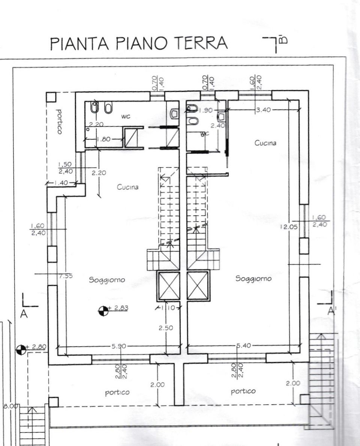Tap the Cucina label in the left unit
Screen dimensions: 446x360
click(x=127, y=187)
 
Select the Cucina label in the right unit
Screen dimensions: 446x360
click(x=265, y=143)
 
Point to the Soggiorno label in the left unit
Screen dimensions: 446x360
click(x=107, y=280)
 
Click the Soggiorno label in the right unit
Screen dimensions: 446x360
click(x=253, y=279)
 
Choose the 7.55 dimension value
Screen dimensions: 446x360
click(x=66, y=276)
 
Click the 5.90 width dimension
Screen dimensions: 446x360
click(x=119, y=346)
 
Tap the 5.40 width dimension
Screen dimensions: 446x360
click(x=244, y=346)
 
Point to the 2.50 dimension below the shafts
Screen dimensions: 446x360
click(x=166, y=328)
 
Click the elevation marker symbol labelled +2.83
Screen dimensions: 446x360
click(x=103, y=310)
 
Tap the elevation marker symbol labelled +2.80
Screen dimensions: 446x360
click(x=21, y=350)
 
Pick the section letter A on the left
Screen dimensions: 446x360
click(x=24, y=315)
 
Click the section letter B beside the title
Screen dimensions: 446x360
click(x=283, y=39)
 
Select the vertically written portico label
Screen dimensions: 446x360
click(x=58, y=122)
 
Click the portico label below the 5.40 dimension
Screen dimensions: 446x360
click(x=243, y=391)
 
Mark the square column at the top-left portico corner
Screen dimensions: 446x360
click(x=51, y=97)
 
